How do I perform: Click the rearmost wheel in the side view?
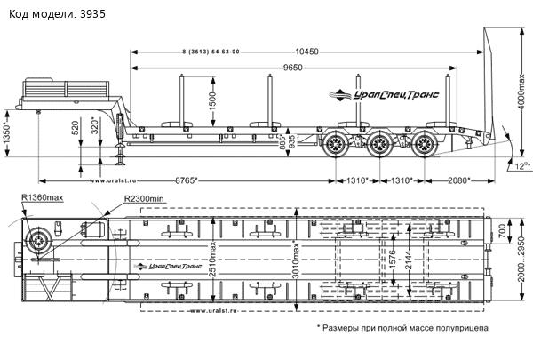pos(426,143)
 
